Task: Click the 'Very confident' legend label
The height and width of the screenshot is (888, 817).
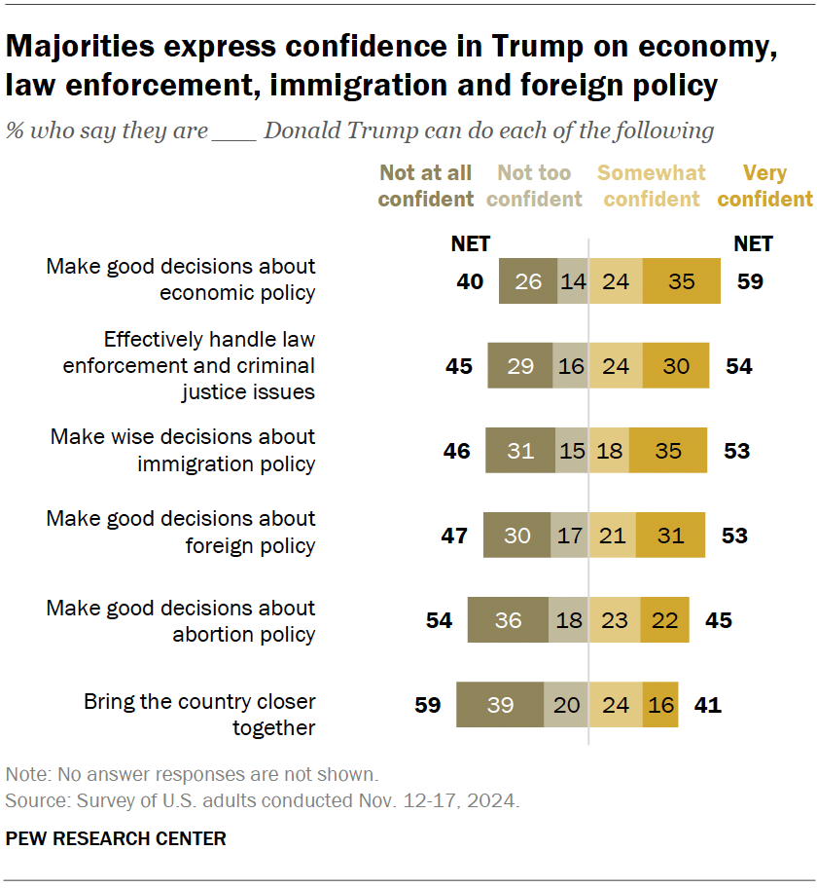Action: (764, 186)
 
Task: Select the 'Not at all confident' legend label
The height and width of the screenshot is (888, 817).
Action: (425, 186)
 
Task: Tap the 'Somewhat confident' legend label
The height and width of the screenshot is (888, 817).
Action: (651, 186)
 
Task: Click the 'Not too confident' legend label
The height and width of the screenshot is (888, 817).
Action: (533, 186)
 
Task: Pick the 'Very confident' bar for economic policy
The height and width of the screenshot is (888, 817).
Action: (681, 282)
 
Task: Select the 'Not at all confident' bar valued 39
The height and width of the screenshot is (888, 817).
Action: (500, 705)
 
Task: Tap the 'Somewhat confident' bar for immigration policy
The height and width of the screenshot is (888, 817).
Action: (609, 451)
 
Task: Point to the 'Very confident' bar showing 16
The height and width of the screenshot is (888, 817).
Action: (660, 705)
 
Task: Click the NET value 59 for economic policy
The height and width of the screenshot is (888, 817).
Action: (750, 282)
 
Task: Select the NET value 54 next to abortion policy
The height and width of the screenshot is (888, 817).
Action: (439, 620)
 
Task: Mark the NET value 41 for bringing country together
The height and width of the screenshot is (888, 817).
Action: (707, 705)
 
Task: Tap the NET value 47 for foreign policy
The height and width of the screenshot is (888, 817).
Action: (454, 536)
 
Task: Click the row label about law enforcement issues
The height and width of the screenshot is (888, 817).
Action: (189, 366)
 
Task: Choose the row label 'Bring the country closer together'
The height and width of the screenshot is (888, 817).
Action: (199, 715)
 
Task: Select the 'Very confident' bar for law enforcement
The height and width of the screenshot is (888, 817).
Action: (675, 366)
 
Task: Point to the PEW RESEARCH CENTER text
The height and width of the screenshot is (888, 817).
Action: (116, 838)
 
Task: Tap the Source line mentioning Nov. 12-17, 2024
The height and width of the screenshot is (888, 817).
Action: (263, 801)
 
